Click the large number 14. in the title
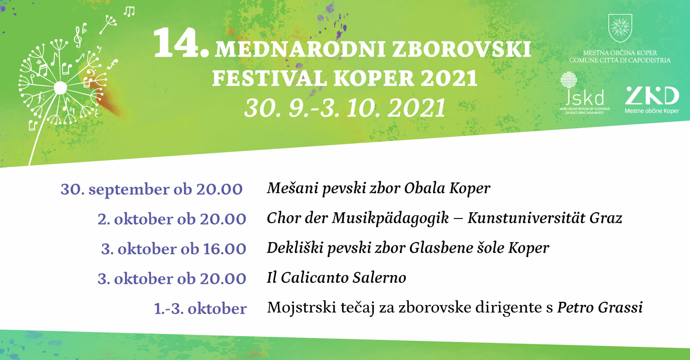pos(181,43)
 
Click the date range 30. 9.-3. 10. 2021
pos(345,108)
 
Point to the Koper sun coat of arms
pos(620,28)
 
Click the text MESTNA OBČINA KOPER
pos(620,53)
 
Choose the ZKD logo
pos(652,100)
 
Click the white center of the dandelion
pos(60,88)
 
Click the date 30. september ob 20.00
pos(151,189)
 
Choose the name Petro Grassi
pos(600,307)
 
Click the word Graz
pos(606,218)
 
